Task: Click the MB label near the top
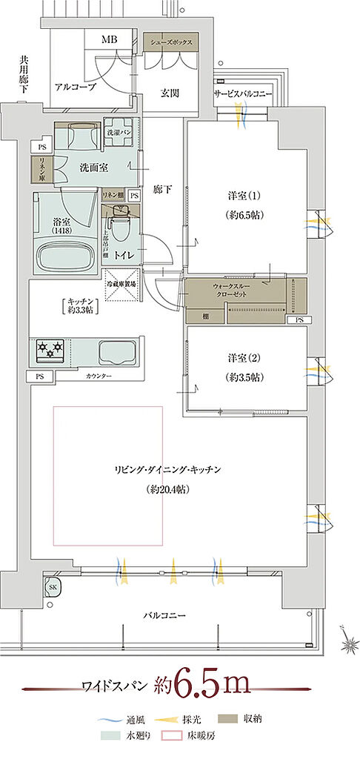[109, 39]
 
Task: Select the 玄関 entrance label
[170, 93]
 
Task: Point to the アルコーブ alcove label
[73, 86]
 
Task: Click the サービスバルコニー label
[244, 95]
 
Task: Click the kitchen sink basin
[117, 350]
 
